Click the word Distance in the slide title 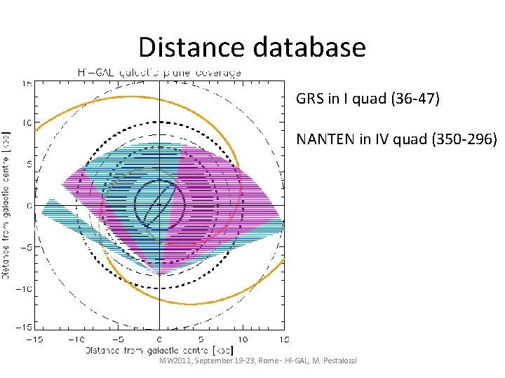[184, 47]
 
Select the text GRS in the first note [309, 99]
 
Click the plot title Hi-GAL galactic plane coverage [159, 71]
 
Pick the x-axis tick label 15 [283, 339]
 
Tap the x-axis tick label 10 [243, 339]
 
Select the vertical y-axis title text [6, 204]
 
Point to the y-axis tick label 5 [28, 164]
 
